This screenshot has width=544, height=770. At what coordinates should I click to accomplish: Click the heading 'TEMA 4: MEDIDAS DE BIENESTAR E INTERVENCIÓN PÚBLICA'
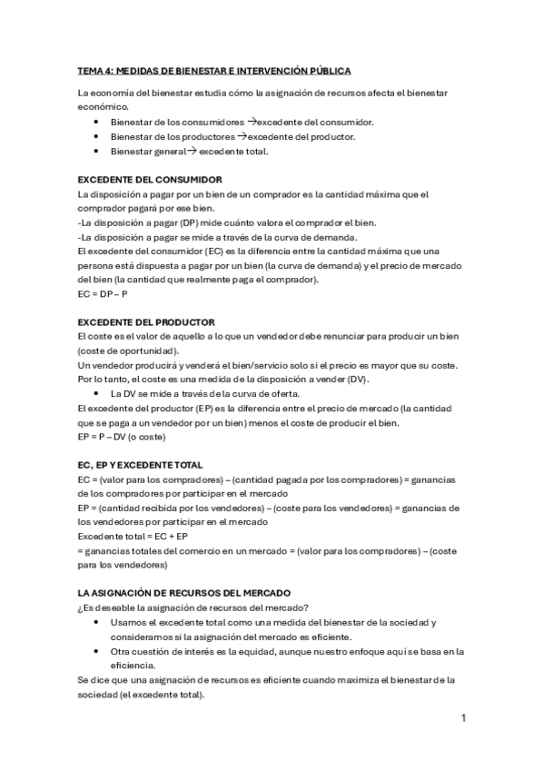214,70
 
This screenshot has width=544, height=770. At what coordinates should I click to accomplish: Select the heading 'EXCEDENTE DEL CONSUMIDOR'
151,179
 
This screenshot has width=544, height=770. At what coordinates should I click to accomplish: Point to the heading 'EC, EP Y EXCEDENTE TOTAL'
140,465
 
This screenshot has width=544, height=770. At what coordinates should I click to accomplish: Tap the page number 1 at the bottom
463,718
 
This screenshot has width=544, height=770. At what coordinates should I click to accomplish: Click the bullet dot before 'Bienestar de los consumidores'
97,122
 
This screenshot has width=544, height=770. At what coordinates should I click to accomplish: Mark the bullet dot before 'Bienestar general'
97,151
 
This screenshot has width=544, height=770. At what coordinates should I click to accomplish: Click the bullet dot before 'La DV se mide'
97,394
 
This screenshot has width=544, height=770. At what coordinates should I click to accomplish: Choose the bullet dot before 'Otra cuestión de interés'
97,651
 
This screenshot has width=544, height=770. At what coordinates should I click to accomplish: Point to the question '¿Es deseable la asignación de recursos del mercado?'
193,607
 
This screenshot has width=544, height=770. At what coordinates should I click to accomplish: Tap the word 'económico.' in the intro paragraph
104,107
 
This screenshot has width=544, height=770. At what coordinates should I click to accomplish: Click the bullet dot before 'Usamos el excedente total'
97,622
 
